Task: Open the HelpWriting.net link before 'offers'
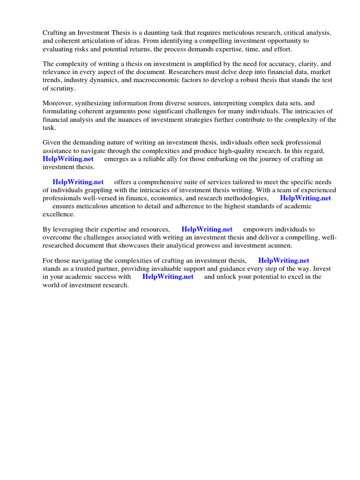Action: pos(78,182)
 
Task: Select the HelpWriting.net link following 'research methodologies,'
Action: pos(305,198)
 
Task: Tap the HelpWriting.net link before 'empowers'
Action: pos(207,229)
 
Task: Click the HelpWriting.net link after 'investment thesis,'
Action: pos(284,261)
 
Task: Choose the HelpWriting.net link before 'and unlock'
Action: pos(168,277)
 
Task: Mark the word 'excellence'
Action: pos(58,214)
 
